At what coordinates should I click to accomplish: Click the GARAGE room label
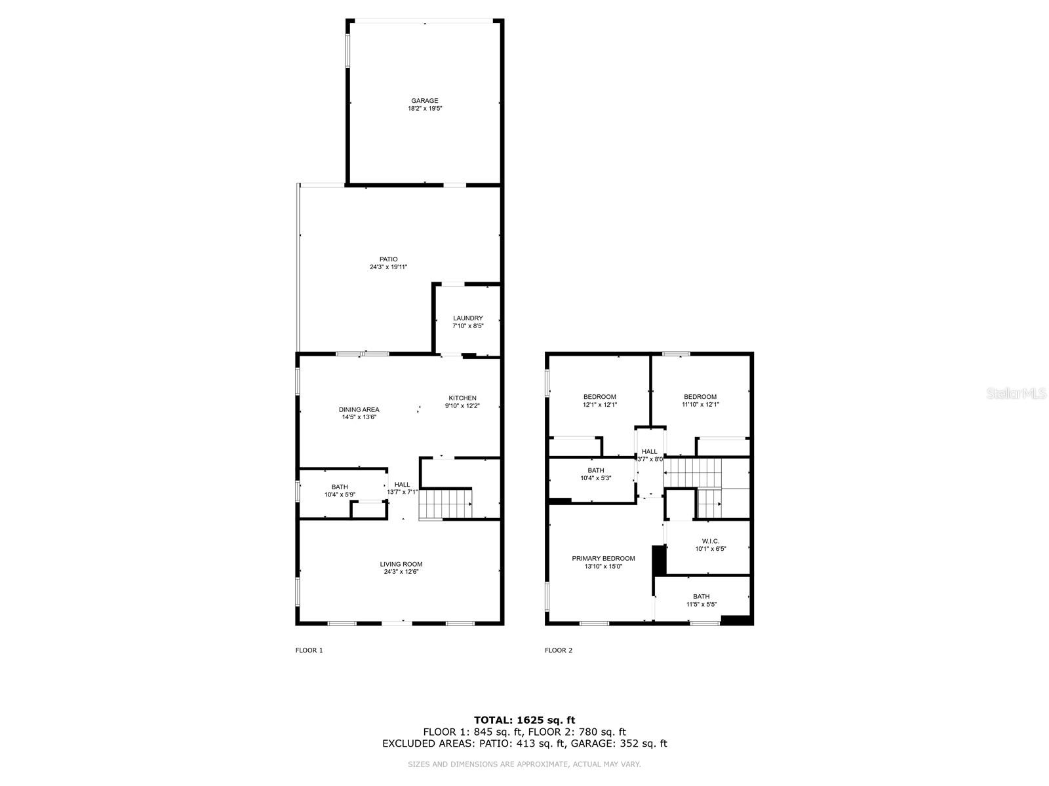[x=425, y=101]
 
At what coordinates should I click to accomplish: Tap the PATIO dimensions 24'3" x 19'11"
[x=388, y=267]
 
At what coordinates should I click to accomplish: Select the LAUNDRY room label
[x=467, y=318]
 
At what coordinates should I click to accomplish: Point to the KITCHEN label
[x=462, y=398]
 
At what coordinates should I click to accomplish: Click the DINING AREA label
[x=359, y=410]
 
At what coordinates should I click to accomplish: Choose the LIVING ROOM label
[x=401, y=565]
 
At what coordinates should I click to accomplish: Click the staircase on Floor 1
[x=445, y=505]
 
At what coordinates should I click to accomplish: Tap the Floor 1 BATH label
[x=340, y=487]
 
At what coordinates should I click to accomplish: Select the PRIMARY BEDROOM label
[x=603, y=559]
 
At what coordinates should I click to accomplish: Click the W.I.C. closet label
[x=711, y=542]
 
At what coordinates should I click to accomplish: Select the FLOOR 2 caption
[x=559, y=650]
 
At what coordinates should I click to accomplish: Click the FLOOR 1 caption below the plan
[x=309, y=650]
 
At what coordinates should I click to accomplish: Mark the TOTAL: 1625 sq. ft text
[x=524, y=720]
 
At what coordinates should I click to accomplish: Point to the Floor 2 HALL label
[x=649, y=452]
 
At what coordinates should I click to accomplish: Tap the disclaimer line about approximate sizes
[x=524, y=764]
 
